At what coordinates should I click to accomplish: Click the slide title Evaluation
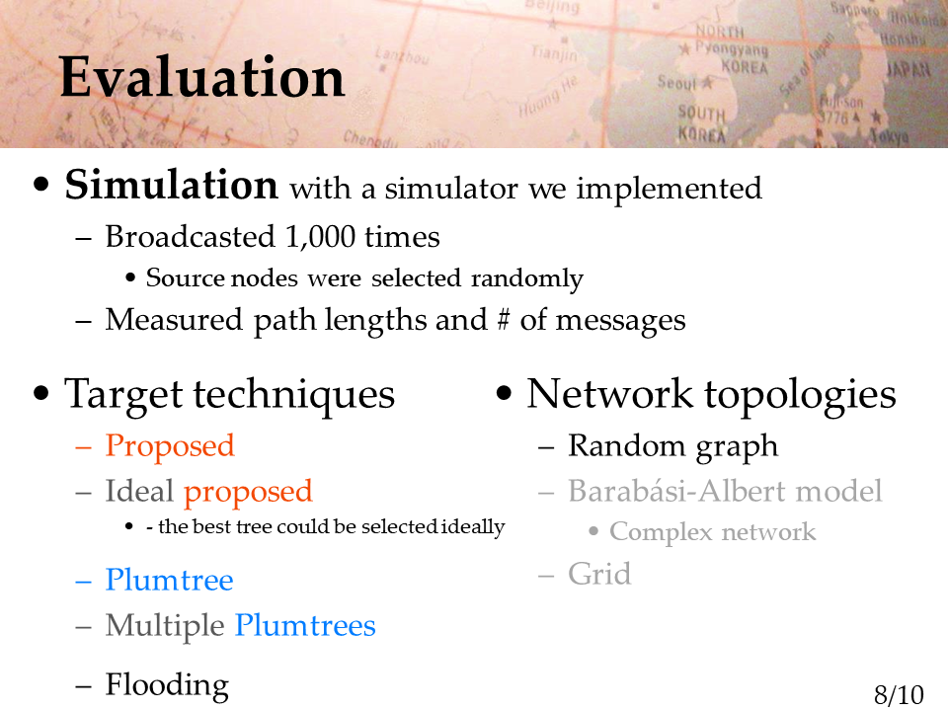tap(201, 77)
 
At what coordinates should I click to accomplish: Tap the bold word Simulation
tap(171, 185)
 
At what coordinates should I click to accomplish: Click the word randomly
tap(526, 278)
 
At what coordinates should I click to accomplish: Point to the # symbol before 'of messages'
tap(503, 320)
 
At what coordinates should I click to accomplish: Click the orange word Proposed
tap(169, 447)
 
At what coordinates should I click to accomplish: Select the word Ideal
tap(139, 491)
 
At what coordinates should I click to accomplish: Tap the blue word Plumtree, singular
tap(169, 580)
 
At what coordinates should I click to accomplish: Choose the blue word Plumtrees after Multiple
tap(305, 625)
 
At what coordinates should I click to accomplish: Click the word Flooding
tap(167, 685)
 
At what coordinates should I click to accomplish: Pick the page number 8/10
tap(899, 695)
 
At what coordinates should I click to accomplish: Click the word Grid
tap(599, 573)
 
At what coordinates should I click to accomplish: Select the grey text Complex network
tap(712, 532)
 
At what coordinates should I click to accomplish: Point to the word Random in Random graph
tap(626, 445)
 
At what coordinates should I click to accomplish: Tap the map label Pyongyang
tap(731, 48)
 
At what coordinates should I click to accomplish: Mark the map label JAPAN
tap(908, 69)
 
